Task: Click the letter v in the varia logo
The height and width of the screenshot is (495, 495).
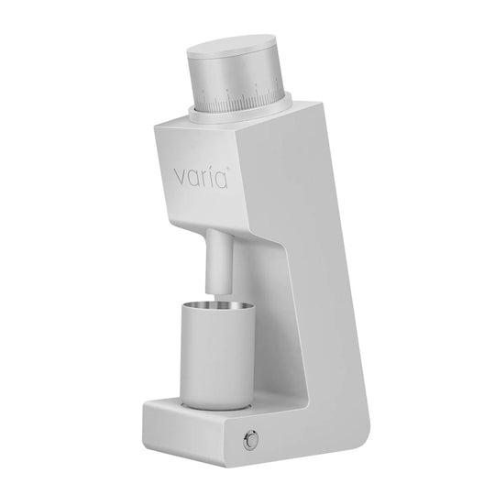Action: click(181, 178)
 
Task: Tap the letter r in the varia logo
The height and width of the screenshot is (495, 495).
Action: click(205, 179)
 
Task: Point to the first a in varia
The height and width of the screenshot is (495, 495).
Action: click(193, 179)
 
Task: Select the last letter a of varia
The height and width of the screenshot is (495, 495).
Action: click(221, 181)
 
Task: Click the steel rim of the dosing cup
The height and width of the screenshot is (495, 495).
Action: click(217, 305)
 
